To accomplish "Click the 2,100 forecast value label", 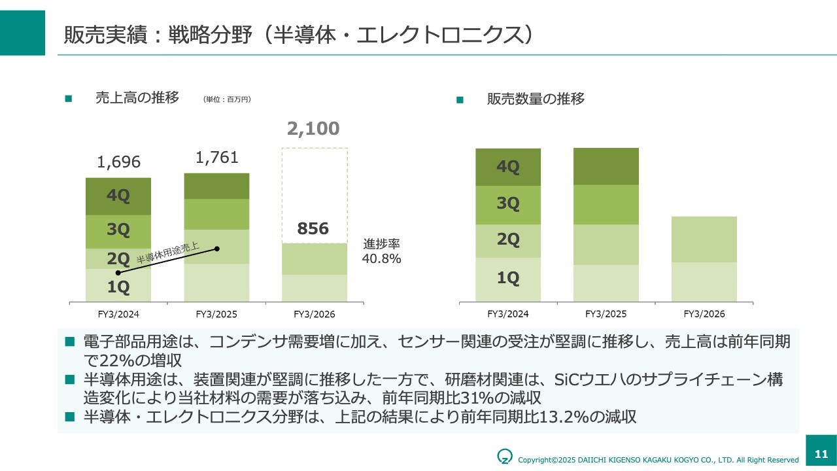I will point(313,129).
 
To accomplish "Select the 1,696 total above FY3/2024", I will point(118,162).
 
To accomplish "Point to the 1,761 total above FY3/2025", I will point(216,158).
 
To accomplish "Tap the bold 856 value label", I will point(313,229).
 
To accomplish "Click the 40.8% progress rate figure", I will point(382,258).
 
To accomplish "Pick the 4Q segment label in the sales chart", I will point(118,196).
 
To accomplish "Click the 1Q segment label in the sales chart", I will point(118,287).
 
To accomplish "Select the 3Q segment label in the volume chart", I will point(508,203).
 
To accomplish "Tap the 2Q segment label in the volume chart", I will point(508,239).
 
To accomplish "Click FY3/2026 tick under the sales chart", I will point(315,315).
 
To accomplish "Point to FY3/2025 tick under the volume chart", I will point(606,314).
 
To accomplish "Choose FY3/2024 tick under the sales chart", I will point(118,315).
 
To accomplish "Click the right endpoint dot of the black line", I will point(217,249).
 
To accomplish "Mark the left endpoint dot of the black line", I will point(118,273).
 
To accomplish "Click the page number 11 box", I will point(821,453).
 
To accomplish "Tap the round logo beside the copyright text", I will point(505,456).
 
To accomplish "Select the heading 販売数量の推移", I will point(536,99).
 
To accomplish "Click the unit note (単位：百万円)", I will point(228,99).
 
